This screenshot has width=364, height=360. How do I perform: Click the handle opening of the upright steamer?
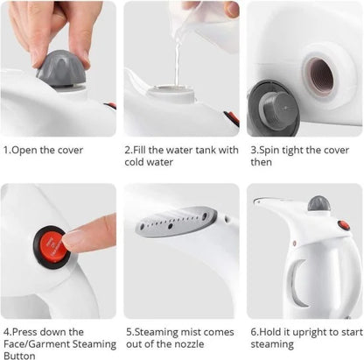[x=299, y=282]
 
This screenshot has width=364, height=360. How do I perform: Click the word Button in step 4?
[x=20, y=355]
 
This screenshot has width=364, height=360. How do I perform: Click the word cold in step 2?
[x=136, y=161]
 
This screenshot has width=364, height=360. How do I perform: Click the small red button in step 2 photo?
[x=230, y=116]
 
